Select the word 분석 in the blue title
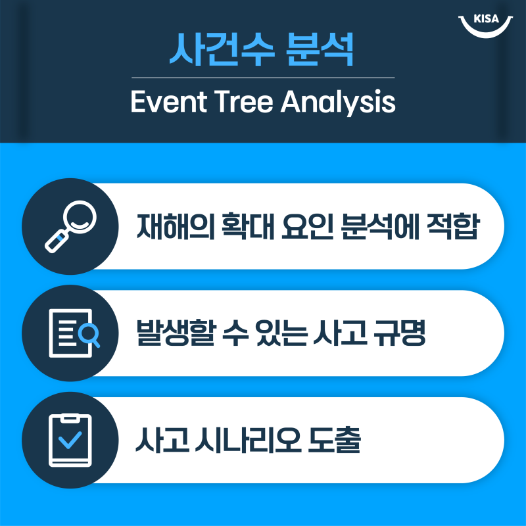(x=315, y=50)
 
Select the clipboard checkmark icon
(x=70, y=440)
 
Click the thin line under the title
(x=263, y=78)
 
